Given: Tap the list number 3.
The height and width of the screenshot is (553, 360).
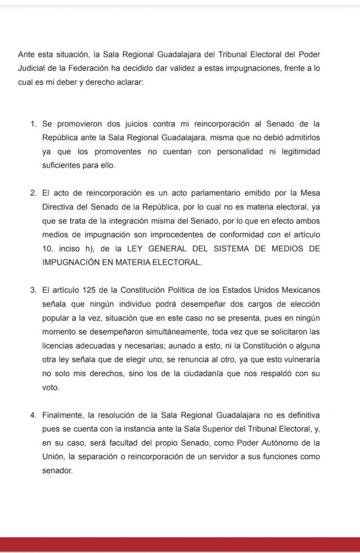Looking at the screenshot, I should point(32,291).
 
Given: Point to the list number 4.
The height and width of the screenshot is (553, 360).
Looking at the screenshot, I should point(32,415).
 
